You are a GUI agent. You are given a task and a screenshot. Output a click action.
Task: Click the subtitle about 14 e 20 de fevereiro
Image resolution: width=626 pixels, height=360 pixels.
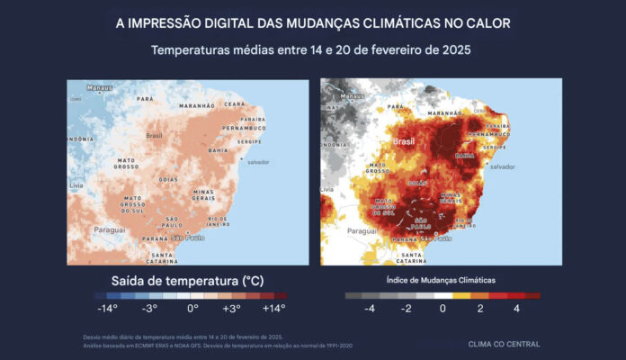pyautogui.click(x=312, y=50)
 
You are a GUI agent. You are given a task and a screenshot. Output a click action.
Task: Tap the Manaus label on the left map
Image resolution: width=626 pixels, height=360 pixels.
pyautogui.click(x=99, y=87)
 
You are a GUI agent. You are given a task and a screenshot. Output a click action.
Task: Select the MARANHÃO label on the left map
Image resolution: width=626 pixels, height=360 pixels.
pyautogui.click(x=196, y=105)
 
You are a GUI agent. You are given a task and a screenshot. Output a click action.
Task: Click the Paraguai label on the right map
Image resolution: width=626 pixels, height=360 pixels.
pyautogui.click(x=362, y=230)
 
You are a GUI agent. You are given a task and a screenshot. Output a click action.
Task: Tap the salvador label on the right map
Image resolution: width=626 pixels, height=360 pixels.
pyautogui.click(x=502, y=166)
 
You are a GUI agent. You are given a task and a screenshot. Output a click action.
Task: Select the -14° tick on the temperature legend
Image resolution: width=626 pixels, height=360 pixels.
pyautogui.click(x=109, y=308)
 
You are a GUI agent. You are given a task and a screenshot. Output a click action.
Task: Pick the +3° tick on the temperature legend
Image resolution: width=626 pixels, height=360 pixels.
pyautogui.click(x=232, y=308)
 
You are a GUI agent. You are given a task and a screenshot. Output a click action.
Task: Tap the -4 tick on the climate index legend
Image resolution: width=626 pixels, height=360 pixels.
pyautogui.click(x=369, y=308)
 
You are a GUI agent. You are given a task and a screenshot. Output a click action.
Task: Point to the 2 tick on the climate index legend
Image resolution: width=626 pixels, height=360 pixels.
pyautogui.click(x=479, y=308)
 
